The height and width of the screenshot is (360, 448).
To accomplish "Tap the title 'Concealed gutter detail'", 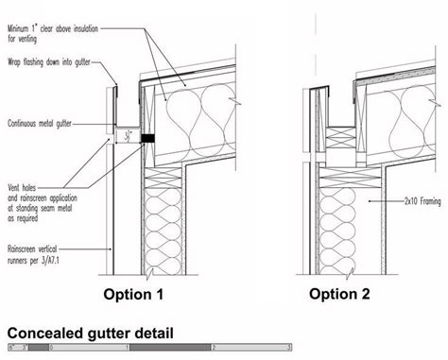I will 90,334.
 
